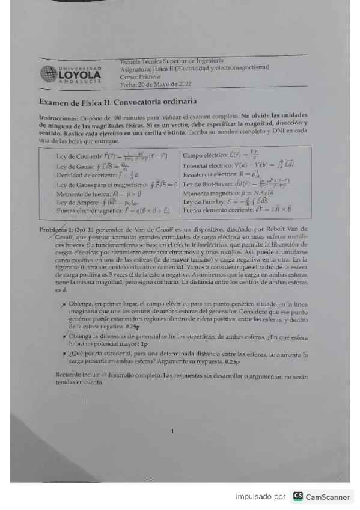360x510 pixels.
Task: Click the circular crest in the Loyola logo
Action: [x=49, y=75]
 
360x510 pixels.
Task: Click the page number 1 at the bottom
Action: [x=172, y=431]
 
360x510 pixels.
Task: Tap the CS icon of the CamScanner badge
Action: [x=298, y=497]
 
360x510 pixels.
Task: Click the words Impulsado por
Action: [x=260, y=497]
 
